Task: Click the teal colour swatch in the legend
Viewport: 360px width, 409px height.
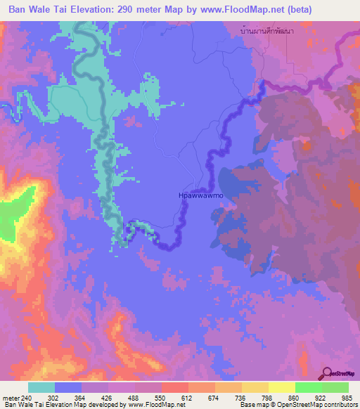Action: click(41, 387)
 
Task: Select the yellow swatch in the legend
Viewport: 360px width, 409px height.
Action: click(281, 387)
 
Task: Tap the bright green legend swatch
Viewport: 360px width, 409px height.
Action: click(308, 387)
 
